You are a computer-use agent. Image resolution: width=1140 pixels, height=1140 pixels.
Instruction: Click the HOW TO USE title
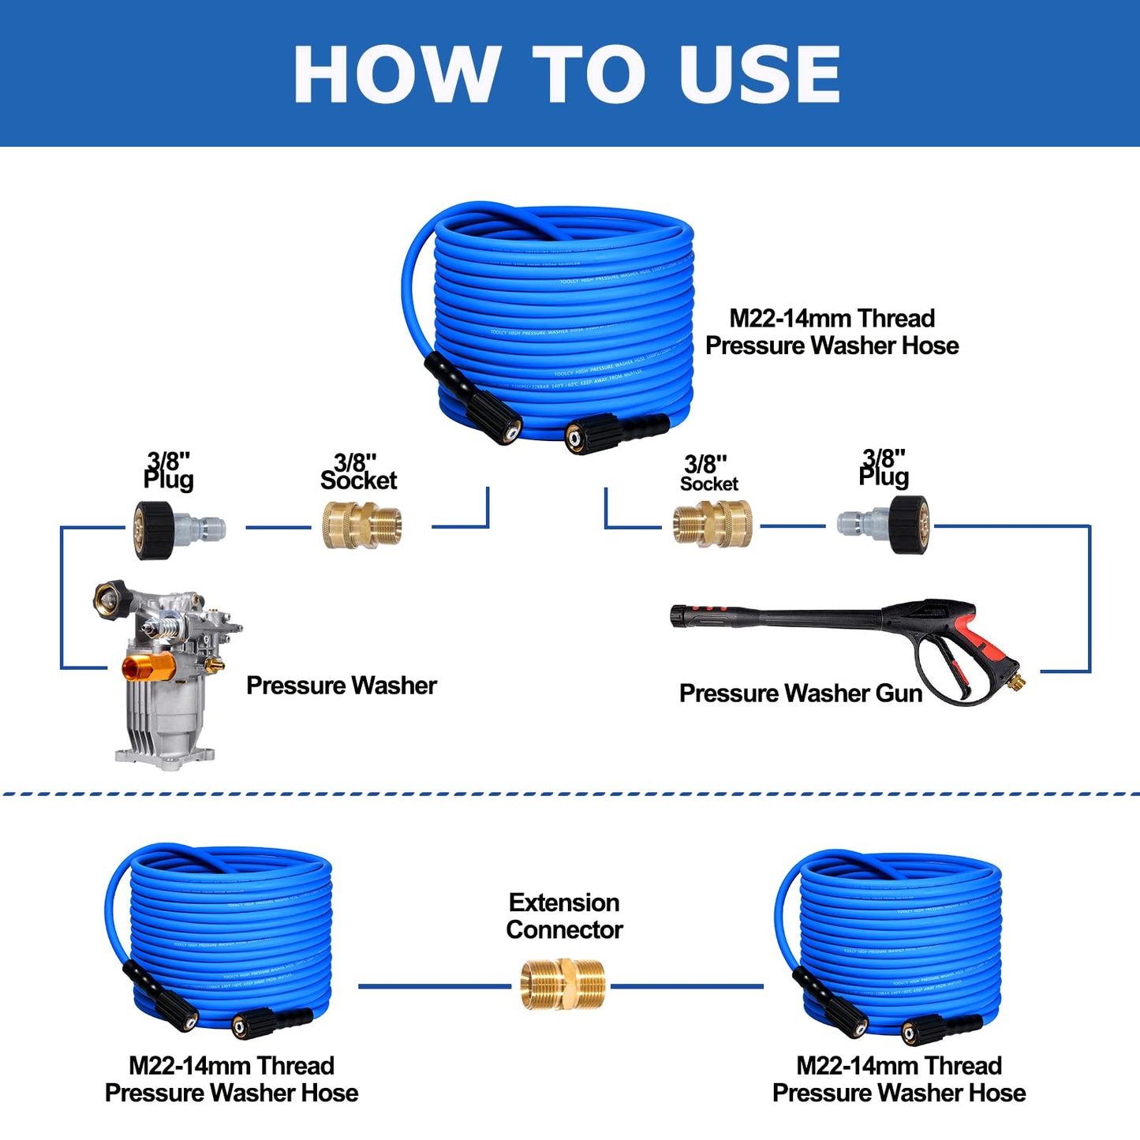pyautogui.click(x=566, y=73)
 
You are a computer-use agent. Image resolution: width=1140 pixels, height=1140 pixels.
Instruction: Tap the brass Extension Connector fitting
pyautogui.click(x=563, y=984)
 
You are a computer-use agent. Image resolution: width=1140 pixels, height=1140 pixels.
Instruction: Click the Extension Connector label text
pyautogui.click(x=564, y=916)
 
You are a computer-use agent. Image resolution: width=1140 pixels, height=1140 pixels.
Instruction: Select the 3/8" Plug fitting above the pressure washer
pyautogui.click(x=178, y=529)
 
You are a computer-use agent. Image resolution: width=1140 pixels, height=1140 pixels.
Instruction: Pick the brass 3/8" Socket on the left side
pyautogui.click(x=362, y=525)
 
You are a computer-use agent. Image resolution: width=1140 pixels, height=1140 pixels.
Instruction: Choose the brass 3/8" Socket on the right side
pyautogui.click(x=712, y=524)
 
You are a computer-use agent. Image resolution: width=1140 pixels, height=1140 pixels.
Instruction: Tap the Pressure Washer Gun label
pyautogui.click(x=800, y=693)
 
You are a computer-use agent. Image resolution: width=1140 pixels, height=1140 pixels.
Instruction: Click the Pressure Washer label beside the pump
pyautogui.click(x=341, y=686)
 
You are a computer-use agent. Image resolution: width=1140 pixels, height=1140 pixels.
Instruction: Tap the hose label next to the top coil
pyautogui.click(x=832, y=332)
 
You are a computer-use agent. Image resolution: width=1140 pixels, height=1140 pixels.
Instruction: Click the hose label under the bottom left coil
pyautogui.click(x=231, y=1079)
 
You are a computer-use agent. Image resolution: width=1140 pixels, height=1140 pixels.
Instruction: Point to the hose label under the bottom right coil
pyautogui.click(x=899, y=1079)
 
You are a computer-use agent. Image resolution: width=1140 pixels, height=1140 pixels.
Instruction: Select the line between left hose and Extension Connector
pyautogui.click(x=434, y=986)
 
